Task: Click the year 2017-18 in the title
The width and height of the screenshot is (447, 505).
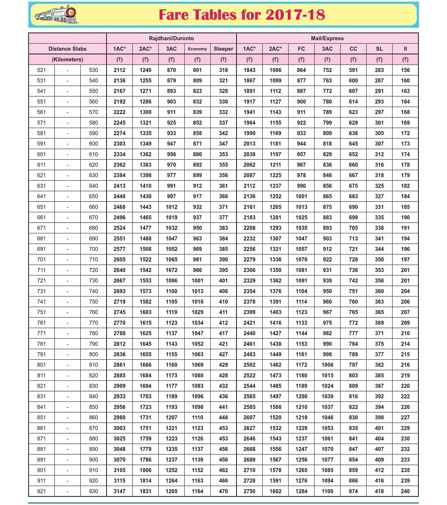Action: click(x=295, y=15)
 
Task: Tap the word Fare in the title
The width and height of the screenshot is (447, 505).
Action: click(x=174, y=15)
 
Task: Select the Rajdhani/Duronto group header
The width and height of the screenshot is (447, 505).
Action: click(x=171, y=38)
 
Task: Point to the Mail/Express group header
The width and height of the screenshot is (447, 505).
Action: click(x=327, y=38)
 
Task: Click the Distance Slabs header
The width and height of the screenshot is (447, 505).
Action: click(x=67, y=49)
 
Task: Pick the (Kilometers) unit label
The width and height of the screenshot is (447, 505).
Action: click(x=67, y=59)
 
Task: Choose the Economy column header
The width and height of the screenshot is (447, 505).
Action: click(x=197, y=49)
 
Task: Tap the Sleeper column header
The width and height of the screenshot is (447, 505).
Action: click(x=223, y=49)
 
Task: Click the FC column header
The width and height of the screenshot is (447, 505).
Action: click(x=301, y=49)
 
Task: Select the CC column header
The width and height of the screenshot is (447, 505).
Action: click(x=353, y=49)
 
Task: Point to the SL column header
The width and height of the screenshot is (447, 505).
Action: click(x=379, y=49)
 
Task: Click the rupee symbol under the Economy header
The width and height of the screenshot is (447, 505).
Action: click(x=197, y=59)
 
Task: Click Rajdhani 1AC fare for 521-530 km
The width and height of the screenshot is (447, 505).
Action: click(x=119, y=70)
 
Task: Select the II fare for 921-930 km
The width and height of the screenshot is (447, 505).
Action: click(x=405, y=491)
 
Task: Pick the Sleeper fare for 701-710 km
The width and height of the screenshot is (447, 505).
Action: click(x=223, y=259)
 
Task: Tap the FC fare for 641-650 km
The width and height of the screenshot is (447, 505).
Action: click(x=301, y=196)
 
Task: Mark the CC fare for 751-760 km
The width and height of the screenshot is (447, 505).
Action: click(x=353, y=312)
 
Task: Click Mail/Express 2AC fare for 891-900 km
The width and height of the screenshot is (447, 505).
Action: click(x=275, y=460)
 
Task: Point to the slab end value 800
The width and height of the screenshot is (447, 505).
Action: click(x=93, y=354)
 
